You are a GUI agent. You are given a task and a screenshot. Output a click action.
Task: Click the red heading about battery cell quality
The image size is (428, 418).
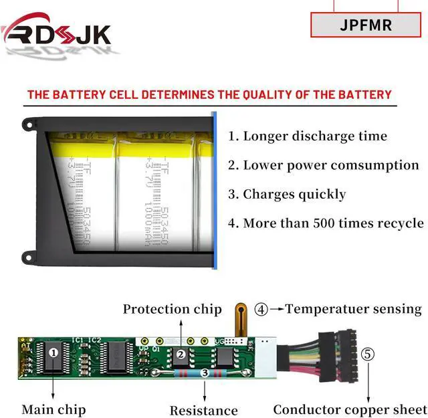click(x=209, y=94)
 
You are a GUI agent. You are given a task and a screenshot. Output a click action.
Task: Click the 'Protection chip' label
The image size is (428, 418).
click(x=172, y=309)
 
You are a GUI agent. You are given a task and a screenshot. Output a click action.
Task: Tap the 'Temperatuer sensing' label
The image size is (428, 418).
click(x=354, y=309)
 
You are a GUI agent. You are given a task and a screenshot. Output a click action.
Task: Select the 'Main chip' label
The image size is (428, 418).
click(x=53, y=409)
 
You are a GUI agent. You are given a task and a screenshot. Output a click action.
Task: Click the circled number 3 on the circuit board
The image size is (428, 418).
click(x=205, y=373)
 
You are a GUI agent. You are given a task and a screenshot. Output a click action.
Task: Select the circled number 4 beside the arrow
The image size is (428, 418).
click(x=261, y=310)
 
